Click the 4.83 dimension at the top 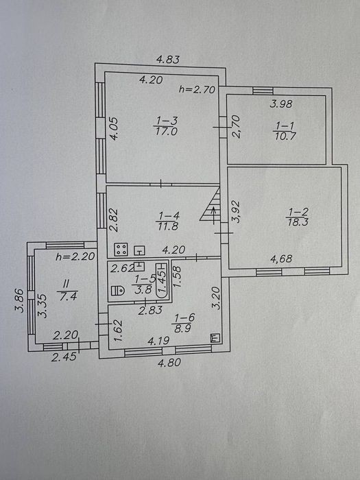pyautogui.click(x=168, y=60)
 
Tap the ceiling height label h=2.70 pyautogui.click(x=197, y=90)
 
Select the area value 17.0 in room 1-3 pyautogui.click(x=167, y=132)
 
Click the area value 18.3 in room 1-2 pyautogui.click(x=297, y=222)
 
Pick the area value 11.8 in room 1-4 pyautogui.click(x=167, y=226)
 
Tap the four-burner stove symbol pyautogui.click(x=121, y=250)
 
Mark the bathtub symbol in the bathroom pyautogui.click(x=162, y=279)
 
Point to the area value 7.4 pyautogui.click(x=68, y=296)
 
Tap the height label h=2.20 pyautogui.click(x=75, y=256)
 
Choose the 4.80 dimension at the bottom pyautogui.click(x=169, y=363)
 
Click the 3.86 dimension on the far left pyautogui.click(x=19, y=300)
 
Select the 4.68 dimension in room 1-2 pyautogui.click(x=281, y=259)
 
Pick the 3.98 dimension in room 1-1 pyautogui.click(x=281, y=104)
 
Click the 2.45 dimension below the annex pyautogui.click(x=64, y=357)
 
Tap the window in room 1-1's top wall pyautogui.click(x=263, y=91)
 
